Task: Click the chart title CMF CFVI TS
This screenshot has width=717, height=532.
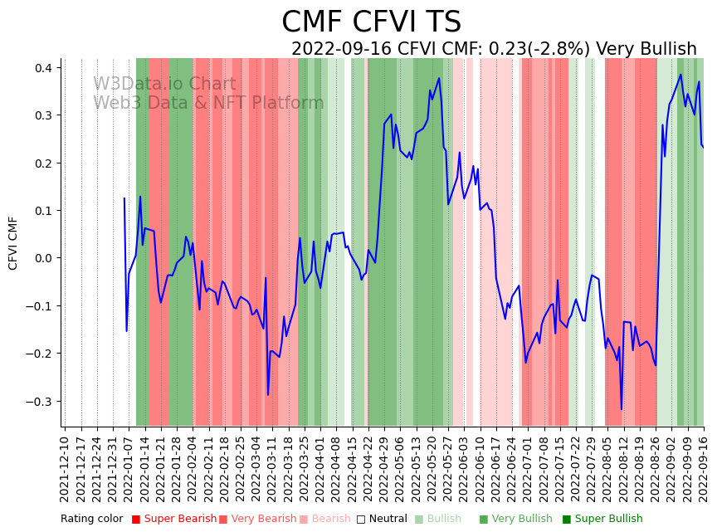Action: pyautogui.click(x=371, y=22)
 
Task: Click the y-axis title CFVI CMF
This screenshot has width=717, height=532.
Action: pyautogui.click(x=13, y=242)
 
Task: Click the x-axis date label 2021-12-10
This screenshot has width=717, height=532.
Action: pyautogui.click(x=66, y=466)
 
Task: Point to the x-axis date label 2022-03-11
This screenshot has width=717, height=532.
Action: pyautogui.click(x=273, y=466)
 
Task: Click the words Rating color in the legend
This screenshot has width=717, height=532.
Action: pyautogui.click(x=91, y=519)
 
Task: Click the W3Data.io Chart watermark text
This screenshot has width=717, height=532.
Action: pyautogui.click(x=164, y=84)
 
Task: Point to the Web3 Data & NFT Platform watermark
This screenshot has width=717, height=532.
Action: pyautogui.click(x=208, y=103)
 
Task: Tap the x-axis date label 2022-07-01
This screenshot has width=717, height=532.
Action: pyautogui.click(x=529, y=466)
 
